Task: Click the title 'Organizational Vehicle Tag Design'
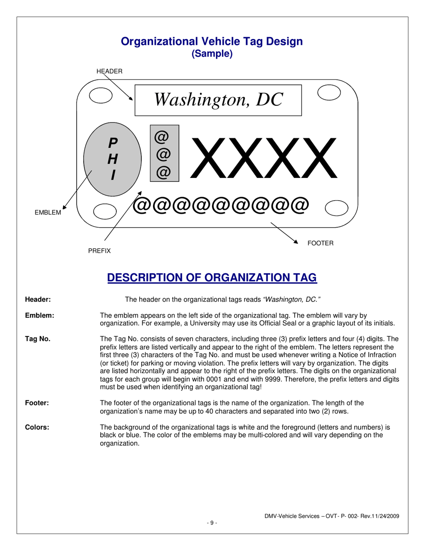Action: [x=212, y=42]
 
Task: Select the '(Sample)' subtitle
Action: [x=212, y=54]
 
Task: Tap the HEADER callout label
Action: [x=110, y=71]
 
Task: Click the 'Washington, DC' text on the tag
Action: [x=218, y=99]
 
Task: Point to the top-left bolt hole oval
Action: [x=101, y=95]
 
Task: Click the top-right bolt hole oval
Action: [x=329, y=92]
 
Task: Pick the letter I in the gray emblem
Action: [x=113, y=175]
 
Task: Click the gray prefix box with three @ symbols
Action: [x=164, y=154]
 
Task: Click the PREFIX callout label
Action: [x=99, y=251]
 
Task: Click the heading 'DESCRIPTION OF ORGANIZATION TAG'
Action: [x=212, y=278]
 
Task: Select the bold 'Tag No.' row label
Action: [x=38, y=339]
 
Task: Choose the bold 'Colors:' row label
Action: [x=37, y=427]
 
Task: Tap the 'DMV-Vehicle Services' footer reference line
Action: [x=331, y=516]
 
